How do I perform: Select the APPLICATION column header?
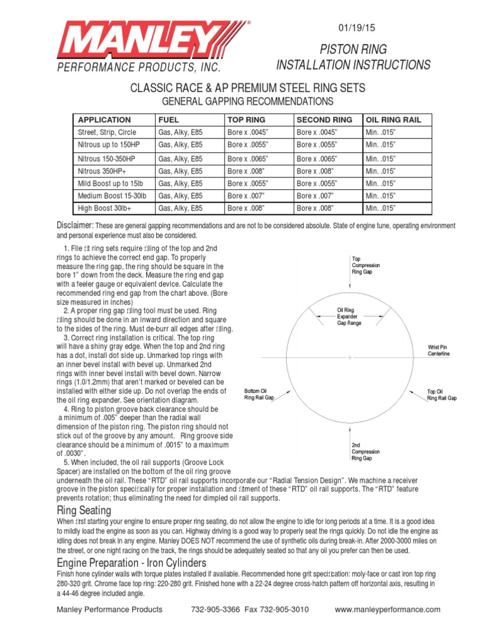coord(104,120)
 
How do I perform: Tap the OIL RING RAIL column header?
coord(394,120)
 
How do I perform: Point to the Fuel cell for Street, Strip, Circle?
coord(180,132)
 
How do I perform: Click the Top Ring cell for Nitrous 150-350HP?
coord(247,159)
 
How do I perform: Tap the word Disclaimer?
coord(75,225)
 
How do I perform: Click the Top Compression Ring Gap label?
coord(366,265)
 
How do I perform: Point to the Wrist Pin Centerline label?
coord(439,350)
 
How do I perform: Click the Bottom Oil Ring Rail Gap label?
coord(259,394)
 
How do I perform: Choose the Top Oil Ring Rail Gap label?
coord(442,394)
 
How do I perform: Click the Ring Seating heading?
coord(84,509)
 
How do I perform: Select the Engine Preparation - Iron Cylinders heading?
coord(141,562)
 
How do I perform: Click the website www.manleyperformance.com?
coord(387,609)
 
